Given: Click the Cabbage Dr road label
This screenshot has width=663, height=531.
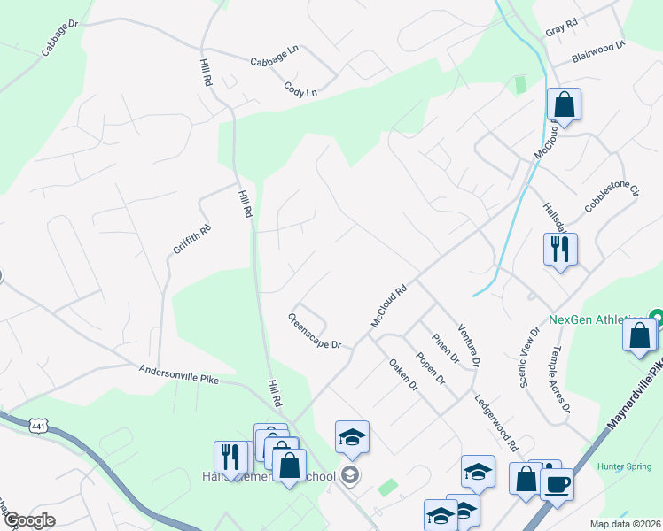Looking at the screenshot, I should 60,40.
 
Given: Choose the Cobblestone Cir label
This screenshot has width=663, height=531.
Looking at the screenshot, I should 612,196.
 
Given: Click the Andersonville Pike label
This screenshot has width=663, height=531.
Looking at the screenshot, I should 178,376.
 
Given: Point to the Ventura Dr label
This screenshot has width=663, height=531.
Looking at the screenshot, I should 469,345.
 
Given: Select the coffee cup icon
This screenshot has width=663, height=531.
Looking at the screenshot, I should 557,484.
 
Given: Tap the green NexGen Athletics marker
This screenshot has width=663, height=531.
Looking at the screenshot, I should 655,317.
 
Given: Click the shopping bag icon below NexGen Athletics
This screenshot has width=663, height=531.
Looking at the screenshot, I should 640,336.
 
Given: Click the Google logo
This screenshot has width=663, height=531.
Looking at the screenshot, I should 28,521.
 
